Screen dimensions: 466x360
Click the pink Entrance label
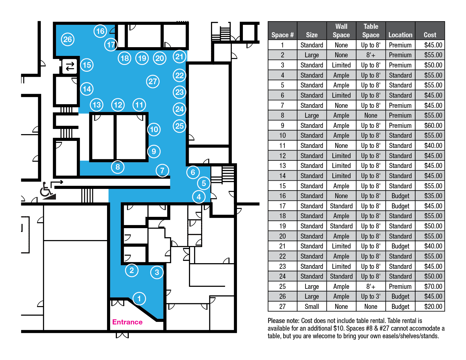(127, 322)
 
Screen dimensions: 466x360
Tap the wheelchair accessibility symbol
(48, 190)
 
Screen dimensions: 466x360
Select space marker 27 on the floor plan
(153, 82)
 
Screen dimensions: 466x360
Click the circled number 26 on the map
(67, 40)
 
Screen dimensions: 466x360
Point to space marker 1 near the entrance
(139, 298)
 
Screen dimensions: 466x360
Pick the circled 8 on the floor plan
(117, 167)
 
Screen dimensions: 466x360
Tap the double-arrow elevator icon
(70, 66)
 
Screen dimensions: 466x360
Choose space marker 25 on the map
(179, 126)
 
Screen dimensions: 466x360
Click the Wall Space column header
(341, 31)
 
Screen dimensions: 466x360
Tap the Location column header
(400, 35)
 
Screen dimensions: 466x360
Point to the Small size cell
(312, 306)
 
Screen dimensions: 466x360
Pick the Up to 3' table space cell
(371, 296)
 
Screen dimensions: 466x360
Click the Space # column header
(282, 35)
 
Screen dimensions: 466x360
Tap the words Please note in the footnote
(283, 321)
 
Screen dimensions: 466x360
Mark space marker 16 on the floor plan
(100, 31)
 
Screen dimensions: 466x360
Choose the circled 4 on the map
(199, 197)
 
